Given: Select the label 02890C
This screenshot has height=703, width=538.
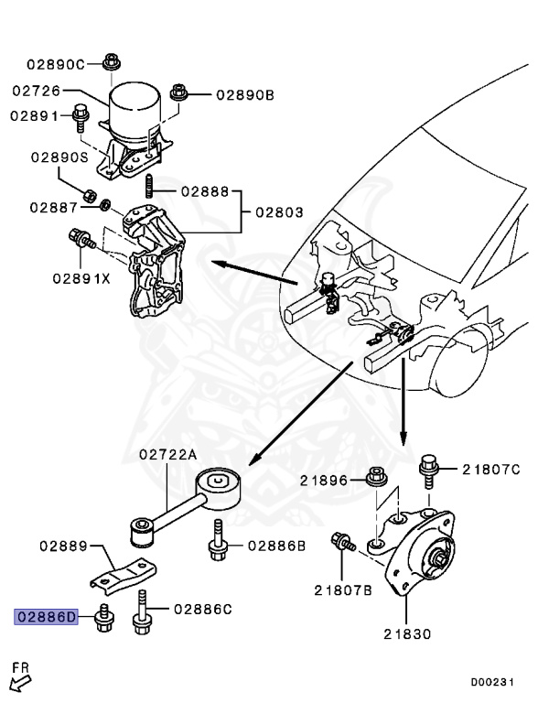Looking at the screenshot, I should pyautogui.click(x=54, y=64).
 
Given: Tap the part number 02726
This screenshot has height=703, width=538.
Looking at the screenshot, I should pyautogui.click(x=37, y=91).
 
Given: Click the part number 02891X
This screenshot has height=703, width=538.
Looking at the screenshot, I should pyautogui.click(x=81, y=277).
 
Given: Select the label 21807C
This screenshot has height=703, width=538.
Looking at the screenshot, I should pyautogui.click(x=490, y=470).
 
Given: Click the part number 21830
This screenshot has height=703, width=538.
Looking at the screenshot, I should pyautogui.click(x=407, y=633).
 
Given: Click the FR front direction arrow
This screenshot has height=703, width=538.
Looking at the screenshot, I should pyautogui.click(x=20, y=681).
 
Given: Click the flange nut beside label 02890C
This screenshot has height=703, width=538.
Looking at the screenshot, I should pyautogui.click(x=111, y=62).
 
